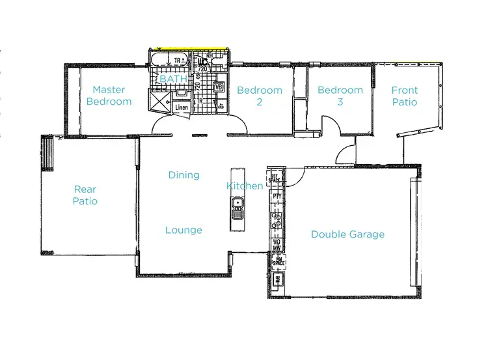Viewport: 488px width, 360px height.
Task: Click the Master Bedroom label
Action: pyautogui.click(x=109, y=96)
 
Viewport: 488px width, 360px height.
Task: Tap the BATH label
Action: pyautogui.click(x=173, y=79)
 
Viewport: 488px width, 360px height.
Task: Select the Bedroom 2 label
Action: pyautogui.click(x=259, y=96)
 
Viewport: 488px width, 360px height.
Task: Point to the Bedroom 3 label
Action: pyautogui.click(x=340, y=96)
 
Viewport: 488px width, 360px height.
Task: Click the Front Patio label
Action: pyautogui.click(x=404, y=96)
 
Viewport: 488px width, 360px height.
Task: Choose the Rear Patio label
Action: pyautogui.click(x=85, y=195)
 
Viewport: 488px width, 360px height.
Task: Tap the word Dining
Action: pyautogui.click(x=183, y=175)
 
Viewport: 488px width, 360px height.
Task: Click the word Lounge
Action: pyautogui.click(x=183, y=230)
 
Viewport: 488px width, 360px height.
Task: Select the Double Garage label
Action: pyautogui.click(x=347, y=234)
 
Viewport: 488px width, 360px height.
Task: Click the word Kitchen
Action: pyautogui.click(x=245, y=186)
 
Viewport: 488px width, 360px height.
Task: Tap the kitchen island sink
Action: pyautogui.click(x=237, y=210)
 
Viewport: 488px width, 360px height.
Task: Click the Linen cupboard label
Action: pyautogui.click(x=182, y=107)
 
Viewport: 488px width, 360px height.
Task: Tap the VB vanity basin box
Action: pyautogui.click(x=218, y=87)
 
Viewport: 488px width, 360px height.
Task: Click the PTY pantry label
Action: pyautogui.click(x=277, y=195)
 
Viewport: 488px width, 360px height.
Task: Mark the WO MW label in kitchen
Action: pyautogui.click(x=277, y=244)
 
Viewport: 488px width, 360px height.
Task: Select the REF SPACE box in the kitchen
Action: pyautogui.click(x=275, y=177)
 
